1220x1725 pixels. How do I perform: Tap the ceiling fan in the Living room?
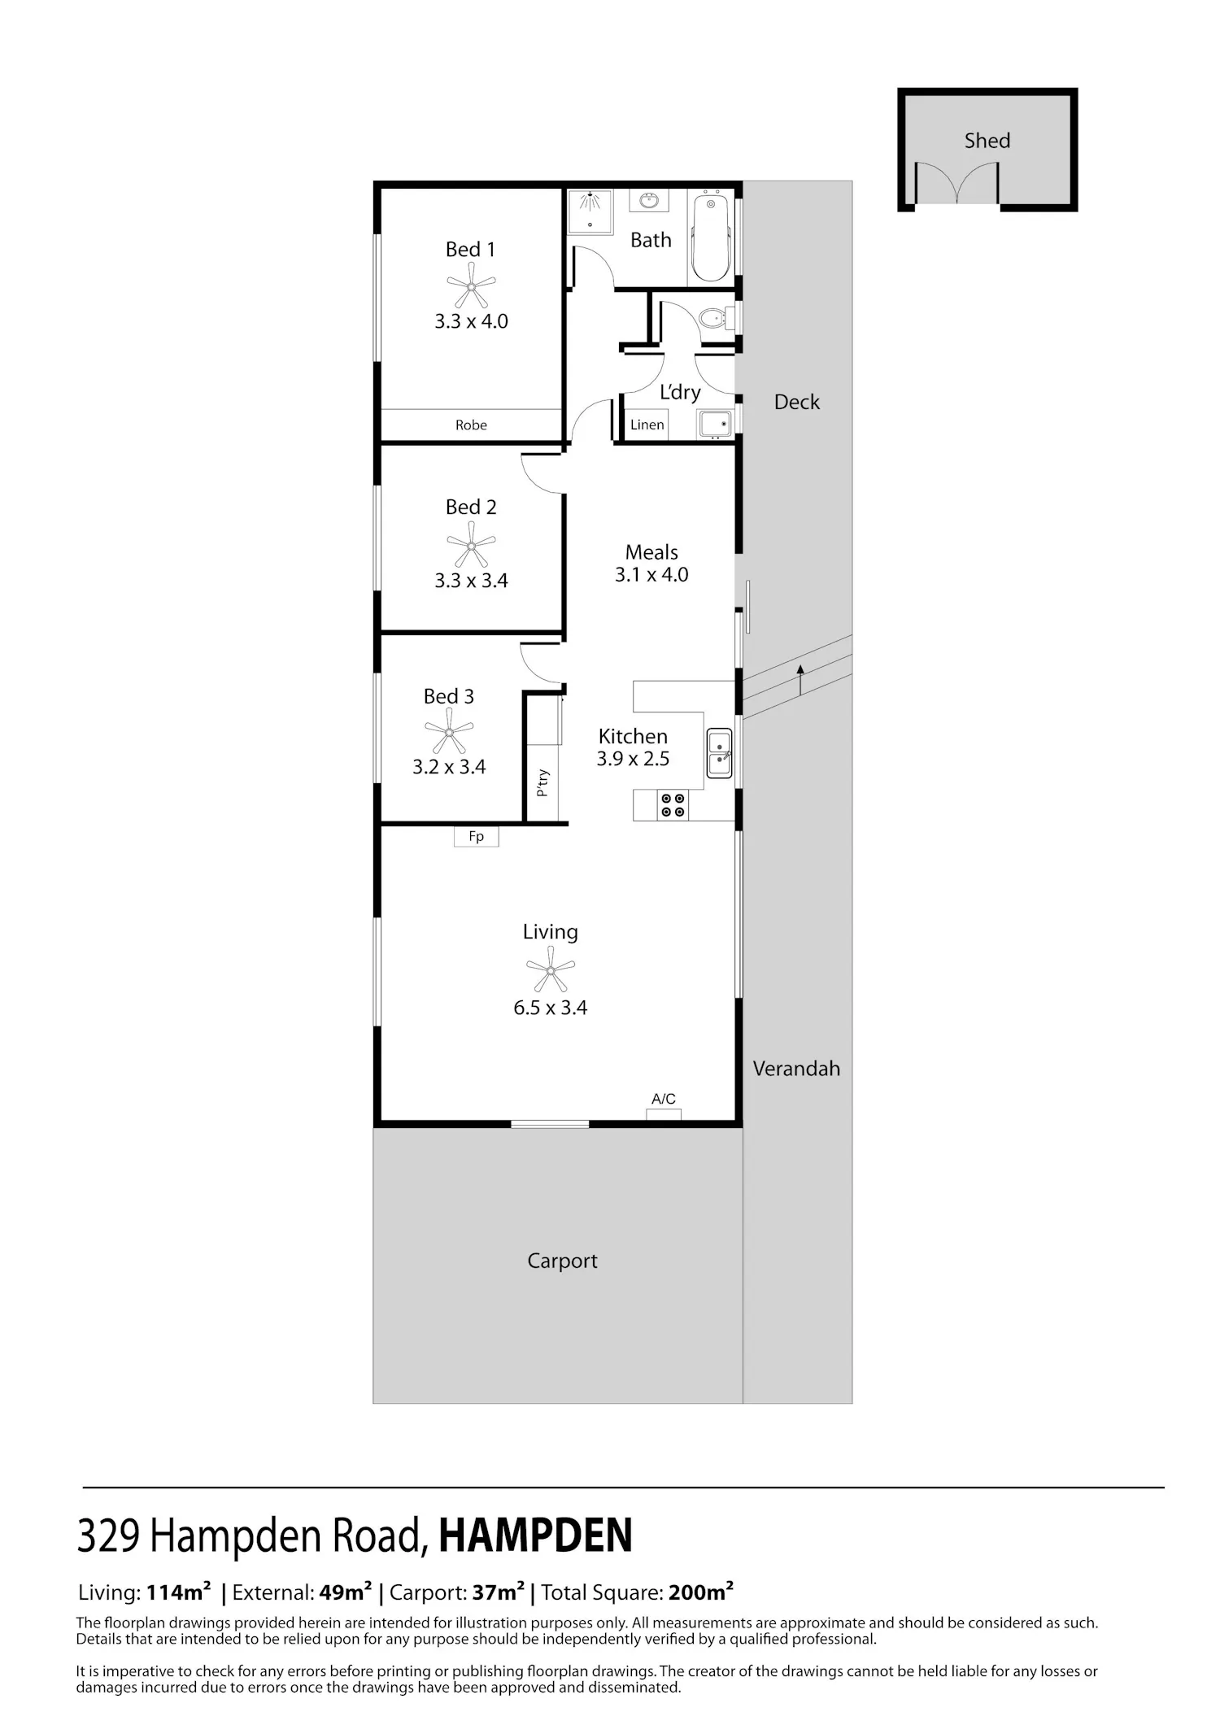coord(551,969)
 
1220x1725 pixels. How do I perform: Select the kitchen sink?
coord(719,753)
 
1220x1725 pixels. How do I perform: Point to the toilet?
coord(713,318)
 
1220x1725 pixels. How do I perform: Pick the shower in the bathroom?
coord(590,212)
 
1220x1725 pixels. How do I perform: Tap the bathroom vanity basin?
coord(650,201)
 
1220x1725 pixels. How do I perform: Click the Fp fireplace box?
coord(476,836)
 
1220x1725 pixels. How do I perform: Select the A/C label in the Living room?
coord(664,1099)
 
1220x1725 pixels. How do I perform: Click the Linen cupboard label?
coord(647,425)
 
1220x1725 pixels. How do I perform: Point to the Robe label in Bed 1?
coord(471,425)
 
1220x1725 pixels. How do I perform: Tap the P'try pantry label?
coord(542,782)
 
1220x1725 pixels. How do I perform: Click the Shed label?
coord(987,141)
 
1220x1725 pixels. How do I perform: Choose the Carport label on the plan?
coord(562,1261)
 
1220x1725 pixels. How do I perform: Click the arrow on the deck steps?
coord(800,680)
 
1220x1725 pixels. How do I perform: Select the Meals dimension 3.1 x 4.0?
coord(651,575)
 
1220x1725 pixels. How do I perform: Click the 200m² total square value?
coord(701,1592)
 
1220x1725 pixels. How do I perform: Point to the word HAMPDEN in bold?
coord(535,1536)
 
